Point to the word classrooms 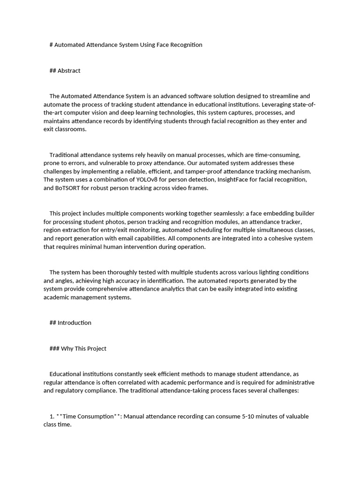[72, 129]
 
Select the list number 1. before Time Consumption [52, 417]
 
